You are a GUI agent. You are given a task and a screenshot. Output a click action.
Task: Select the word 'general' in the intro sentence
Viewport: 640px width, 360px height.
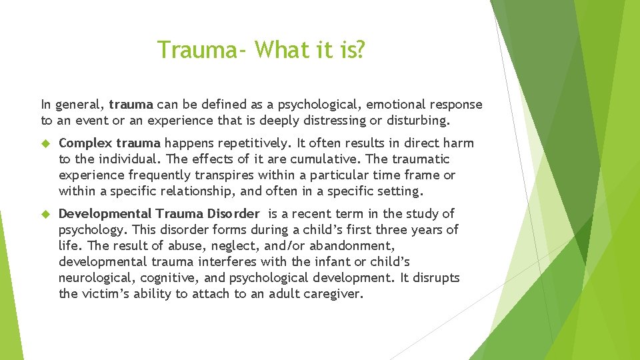pyautogui.click(x=79, y=105)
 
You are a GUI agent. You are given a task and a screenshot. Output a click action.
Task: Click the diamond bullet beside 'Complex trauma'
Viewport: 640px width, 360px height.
pyautogui.click(x=47, y=143)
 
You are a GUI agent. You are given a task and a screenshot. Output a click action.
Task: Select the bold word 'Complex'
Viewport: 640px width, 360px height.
pyautogui.click(x=85, y=143)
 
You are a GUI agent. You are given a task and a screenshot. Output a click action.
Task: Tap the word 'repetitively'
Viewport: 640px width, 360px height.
pyautogui.click(x=253, y=143)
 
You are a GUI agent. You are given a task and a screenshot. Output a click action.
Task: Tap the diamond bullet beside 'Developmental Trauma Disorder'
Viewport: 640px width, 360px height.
pyautogui.click(x=47, y=214)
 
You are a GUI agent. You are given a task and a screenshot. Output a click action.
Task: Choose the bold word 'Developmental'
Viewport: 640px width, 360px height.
pyautogui.click(x=105, y=213)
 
